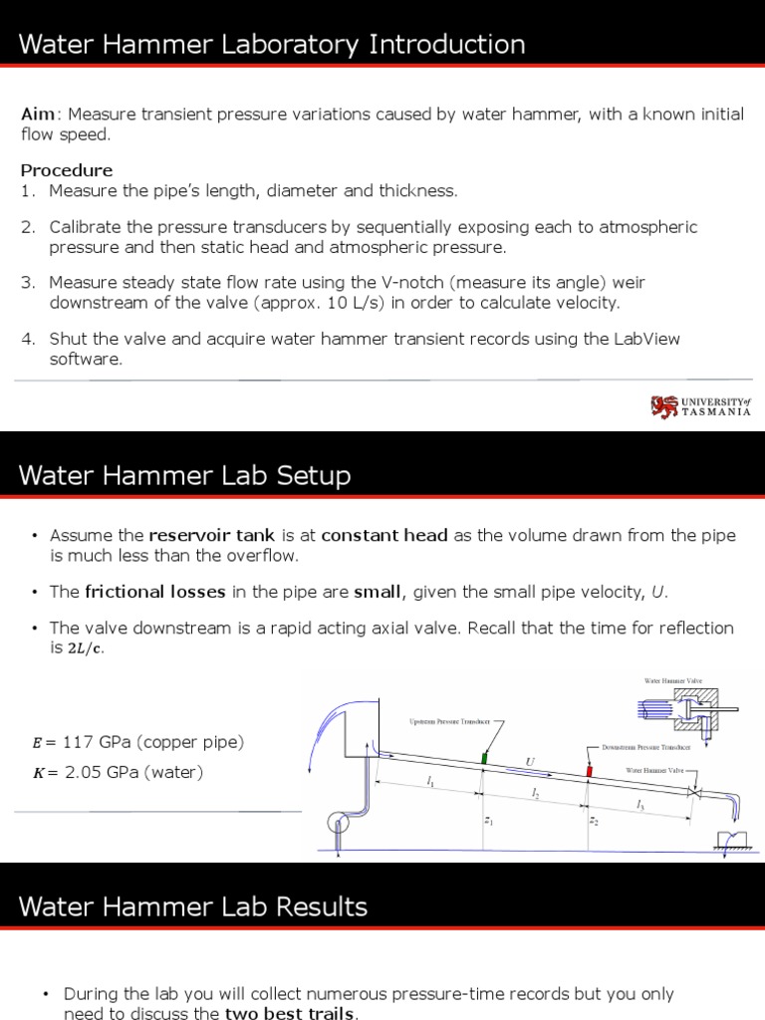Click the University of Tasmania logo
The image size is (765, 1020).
tap(700, 406)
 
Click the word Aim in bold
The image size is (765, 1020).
tap(40, 114)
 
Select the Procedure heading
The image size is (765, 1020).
tap(67, 170)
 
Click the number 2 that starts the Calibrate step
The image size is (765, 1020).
tap(27, 227)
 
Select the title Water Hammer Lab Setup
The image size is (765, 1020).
tap(185, 476)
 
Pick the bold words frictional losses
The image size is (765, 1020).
tap(155, 592)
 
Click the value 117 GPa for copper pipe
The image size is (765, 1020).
tap(97, 742)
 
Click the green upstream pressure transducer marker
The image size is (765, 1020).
tap(484, 757)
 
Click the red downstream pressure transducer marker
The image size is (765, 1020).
tap(589, 771)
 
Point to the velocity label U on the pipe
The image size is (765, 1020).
tap(530, 762)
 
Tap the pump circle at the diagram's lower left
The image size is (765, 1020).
tap(338, 823)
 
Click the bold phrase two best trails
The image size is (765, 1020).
tap(289, 1014)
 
